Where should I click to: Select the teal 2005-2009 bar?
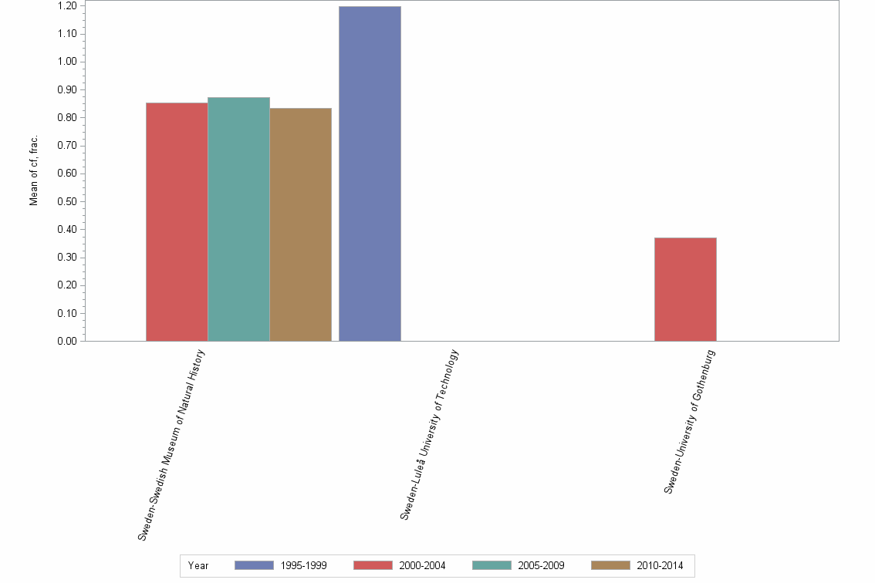coord(238,220)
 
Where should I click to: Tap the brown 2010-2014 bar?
coord(300,224)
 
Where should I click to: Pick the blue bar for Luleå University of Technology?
coord(370,174)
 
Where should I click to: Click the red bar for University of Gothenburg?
coord(685,289)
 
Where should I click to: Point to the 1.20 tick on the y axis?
coord(66,6)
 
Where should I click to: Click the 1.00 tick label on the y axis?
coord(66,62)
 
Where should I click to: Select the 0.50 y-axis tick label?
coord(66,201)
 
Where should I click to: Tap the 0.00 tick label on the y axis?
coord(66,341)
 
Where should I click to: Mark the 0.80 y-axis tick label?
coord(66,118)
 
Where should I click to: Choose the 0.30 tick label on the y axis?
coord(66,258)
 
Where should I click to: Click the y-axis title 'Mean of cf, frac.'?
coord(34,172)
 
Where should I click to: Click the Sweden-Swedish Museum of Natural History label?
coord(172,444)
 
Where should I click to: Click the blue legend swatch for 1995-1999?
coord(254,565)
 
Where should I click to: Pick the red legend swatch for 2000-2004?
coord(373,565)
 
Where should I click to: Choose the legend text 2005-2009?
coord(542,565)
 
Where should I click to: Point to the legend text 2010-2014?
coord(660,565)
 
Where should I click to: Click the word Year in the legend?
coord(198,565)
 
